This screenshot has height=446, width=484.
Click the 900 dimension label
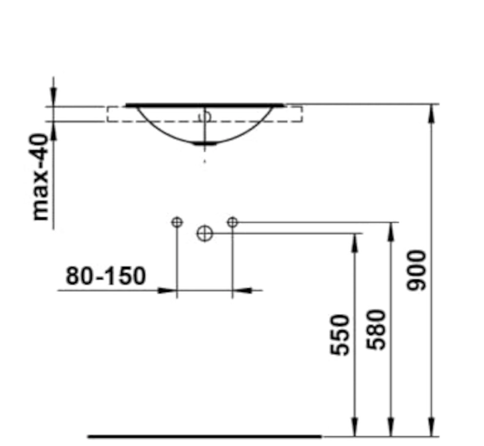417,270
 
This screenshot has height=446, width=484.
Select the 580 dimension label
376,330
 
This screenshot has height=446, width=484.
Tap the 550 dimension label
340,335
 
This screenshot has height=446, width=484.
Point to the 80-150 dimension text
105,276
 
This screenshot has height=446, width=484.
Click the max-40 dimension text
40,177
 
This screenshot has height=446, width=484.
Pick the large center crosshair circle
204,233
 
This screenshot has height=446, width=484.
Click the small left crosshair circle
177,222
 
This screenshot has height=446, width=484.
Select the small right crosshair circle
232,222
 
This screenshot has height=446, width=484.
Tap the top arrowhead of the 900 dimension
431,114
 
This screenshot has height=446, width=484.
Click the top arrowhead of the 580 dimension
391,231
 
